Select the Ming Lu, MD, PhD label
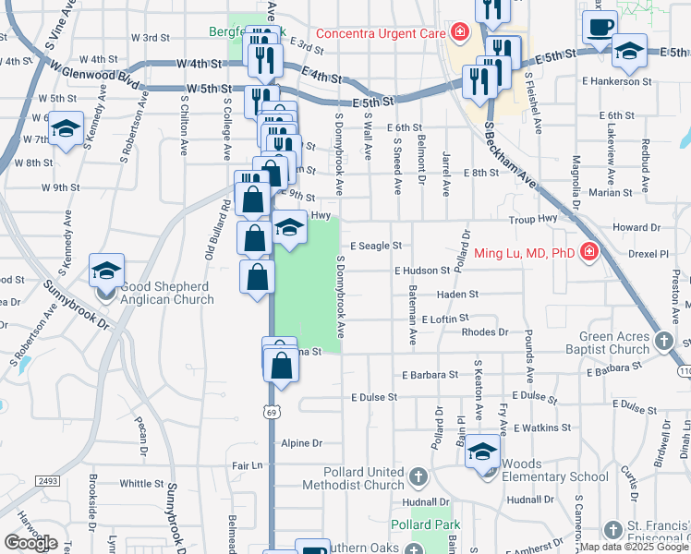[524, 253]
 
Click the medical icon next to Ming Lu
[588, 252]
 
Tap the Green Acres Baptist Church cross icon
[663, 343]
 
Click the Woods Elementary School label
[551, 476]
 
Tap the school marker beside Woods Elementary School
[482, 452]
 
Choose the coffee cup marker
[600, 26]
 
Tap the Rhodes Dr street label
[484, 331]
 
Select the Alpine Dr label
[301, 443]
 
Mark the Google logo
[30, 543]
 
